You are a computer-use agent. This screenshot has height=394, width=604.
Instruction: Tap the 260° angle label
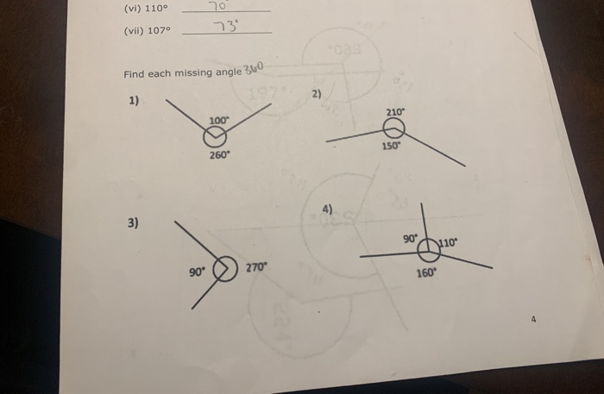click(219, 156)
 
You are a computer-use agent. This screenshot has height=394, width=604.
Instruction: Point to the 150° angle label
click(392, 147)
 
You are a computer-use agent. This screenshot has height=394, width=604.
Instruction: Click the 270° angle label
click(256, 267)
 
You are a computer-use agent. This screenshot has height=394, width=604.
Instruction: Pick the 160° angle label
click(426, 272)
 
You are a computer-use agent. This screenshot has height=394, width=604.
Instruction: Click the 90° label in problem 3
click(197, 273)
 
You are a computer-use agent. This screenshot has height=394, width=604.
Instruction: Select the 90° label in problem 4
click(411, 238)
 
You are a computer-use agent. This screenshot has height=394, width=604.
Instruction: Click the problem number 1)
click(134, 101)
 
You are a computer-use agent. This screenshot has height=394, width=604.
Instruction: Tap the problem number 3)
click(133, 222)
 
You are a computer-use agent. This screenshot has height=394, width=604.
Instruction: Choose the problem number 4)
click(327, 209)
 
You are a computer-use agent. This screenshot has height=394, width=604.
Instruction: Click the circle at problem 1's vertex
click(215, 138)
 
